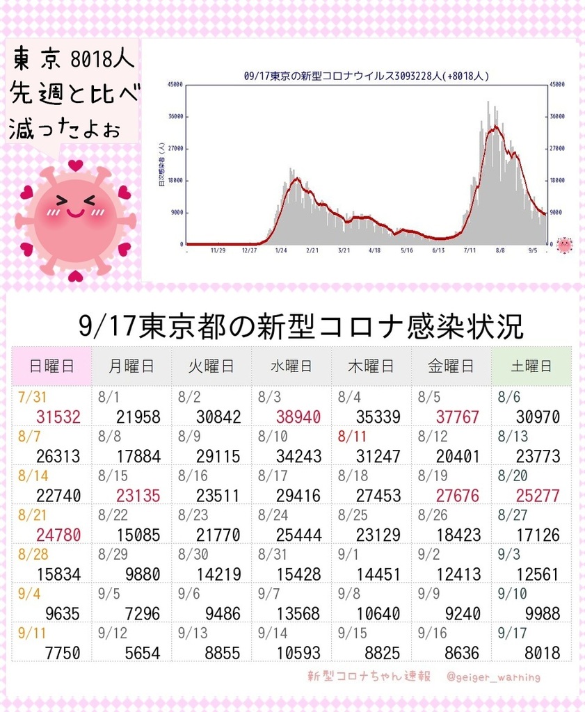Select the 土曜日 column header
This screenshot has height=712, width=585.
(x=531, y=366)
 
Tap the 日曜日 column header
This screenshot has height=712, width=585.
(x=51, y=366)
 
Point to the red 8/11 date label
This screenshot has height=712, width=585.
(x=351, y=437)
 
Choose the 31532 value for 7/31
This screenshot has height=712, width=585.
(x=58, y=417)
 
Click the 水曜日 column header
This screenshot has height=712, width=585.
(x=291, y=366)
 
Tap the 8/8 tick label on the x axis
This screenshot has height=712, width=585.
(x=499, y=250)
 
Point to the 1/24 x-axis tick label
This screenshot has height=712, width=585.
(x=281, y=250)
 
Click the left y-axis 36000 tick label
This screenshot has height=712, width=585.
(x=175, y=117)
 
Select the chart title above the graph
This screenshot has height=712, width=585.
(x=367, y=76)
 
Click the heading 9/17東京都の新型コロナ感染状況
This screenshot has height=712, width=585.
(x=301, y=325)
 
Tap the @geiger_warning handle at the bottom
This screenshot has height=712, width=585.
(x=494, y=677)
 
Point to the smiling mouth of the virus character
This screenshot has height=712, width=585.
(x=75, y=214)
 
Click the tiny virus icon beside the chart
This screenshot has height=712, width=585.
(x=564, y=245)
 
